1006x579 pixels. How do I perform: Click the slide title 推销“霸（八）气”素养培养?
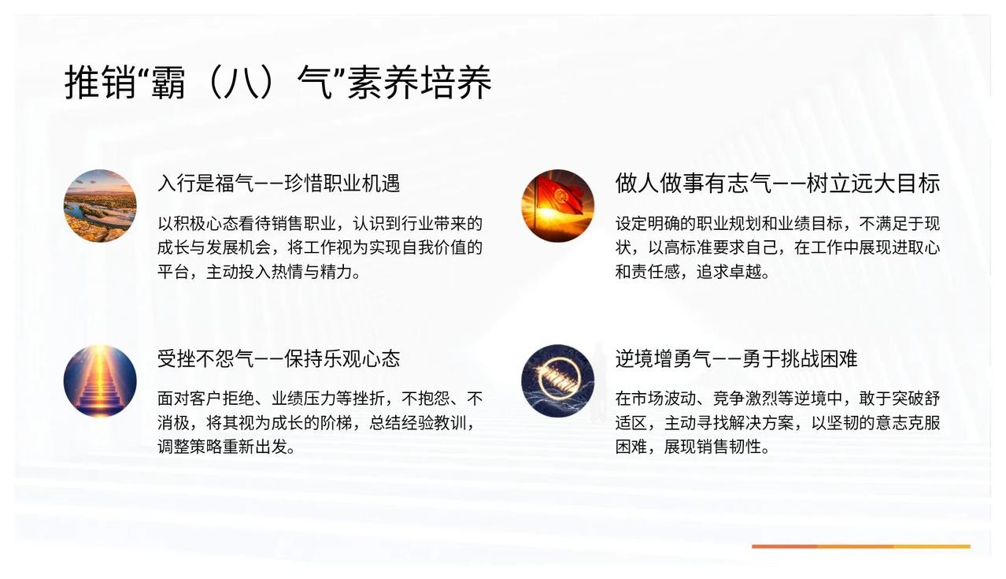click(x=278, y=82)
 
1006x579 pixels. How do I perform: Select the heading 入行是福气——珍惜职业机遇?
click(x=279, y=183)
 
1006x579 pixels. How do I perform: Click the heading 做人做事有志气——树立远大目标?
click(x=778, y=183)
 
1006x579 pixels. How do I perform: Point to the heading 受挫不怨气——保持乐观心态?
click(x=279, y=358)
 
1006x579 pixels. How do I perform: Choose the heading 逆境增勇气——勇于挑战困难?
click(x=736, y=358)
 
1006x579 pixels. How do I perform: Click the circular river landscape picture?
click(x=100, y=206)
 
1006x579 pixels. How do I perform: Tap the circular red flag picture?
click(x=558, y=206)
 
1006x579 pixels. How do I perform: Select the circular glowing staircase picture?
click(x=100, y=381)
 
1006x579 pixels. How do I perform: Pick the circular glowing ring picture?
click(x=558, y=381)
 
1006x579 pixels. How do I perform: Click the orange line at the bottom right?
click(x=861, y=546)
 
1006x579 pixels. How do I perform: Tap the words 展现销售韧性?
click(x=712, y=447)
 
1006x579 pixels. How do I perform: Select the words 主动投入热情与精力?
click(x=279, y=272)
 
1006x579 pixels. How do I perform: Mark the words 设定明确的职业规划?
click(x=688, y=224)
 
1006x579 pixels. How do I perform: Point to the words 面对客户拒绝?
click(x=206, y=399)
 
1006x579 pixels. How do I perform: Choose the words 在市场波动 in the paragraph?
click(x=656, y=399)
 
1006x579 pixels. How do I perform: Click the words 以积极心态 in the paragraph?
click(x=198, y=224)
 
